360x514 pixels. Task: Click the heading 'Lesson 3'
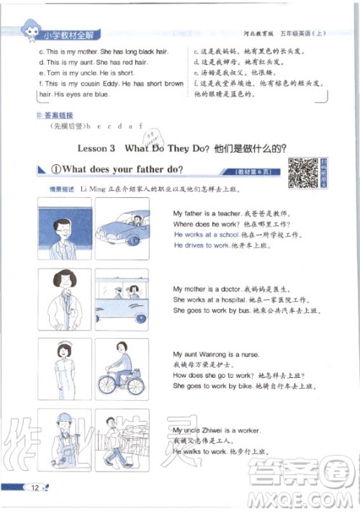click(x=95, y=148)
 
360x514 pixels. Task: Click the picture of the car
click(x=122, y=228)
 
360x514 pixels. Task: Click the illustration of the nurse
click(x=64, y=369)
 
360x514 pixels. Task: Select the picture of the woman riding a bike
click(x=122, y=369)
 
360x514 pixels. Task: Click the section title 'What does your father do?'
click(x=115, y=170)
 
